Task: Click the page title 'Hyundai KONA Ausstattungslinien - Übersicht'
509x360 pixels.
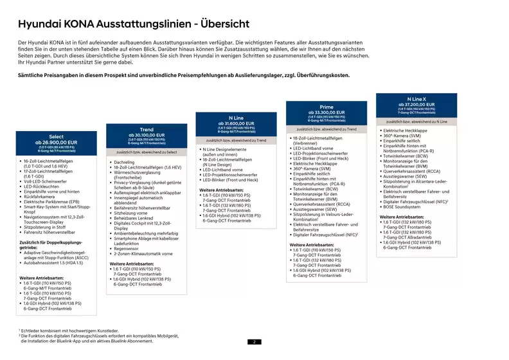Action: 134,24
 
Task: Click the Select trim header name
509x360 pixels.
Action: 56,136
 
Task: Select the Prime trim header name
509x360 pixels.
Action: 326,107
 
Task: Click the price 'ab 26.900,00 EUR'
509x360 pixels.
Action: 56,142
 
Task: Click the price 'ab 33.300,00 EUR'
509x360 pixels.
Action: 326,113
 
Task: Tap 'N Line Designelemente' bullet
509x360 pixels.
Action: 229,149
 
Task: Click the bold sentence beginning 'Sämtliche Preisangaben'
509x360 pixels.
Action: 184,76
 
